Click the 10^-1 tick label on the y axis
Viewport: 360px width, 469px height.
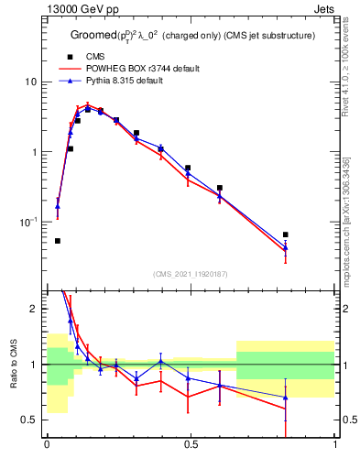tap(30, 222)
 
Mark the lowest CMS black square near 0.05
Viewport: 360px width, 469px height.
tap(58, 241)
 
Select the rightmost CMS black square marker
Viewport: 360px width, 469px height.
tap(286, 234)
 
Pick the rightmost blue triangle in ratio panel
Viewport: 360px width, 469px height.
tap(286, 398)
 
